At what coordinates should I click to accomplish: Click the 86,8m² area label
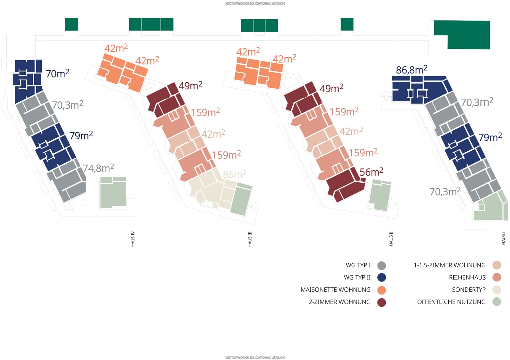click(x=411, y=70)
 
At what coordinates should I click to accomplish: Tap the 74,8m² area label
click(x=98, y=168)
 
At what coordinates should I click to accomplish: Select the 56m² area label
click(x=371, y=172)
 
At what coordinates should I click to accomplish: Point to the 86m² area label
click(x=234, y=174)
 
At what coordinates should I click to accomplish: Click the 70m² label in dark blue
click(x=57, y=74)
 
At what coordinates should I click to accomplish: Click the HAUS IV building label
click(x=133, y=239)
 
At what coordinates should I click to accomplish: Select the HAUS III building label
click(x=250, y=239)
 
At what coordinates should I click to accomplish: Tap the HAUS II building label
click(x=391, y=239)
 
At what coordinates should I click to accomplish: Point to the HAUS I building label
click(x=503, y=238)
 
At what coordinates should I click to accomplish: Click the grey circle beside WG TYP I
click(x=382, y=266)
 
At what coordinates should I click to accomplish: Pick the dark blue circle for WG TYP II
click(x=382, y=278)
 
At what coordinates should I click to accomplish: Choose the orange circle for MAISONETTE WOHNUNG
click(x=382, y=290)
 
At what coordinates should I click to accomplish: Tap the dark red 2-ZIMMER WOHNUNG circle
click(x=382, y=302)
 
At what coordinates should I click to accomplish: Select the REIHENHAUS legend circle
click(x=497, y=277)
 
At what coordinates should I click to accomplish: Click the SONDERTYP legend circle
click(x=497, y=290)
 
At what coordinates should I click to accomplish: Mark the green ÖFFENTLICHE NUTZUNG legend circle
click(x=497, y=302)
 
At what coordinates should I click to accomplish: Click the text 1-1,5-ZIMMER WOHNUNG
click(x=449, y=265)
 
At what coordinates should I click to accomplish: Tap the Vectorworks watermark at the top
click(x=255, y=3)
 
